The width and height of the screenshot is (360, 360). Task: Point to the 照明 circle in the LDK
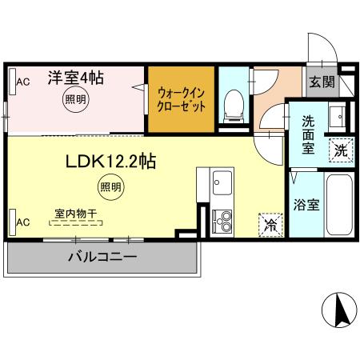click(111, 187)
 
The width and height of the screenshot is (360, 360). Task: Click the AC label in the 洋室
click(23, 82)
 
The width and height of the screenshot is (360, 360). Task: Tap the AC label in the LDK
click(23, 222)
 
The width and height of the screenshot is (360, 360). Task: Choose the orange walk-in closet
click(182, 99)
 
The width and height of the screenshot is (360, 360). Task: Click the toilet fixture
click(234, 104)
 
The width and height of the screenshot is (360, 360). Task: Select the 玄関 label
click(323, 82)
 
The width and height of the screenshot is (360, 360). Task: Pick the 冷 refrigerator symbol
click(270, 226)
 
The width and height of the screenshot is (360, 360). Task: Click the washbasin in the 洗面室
click(336, 117)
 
